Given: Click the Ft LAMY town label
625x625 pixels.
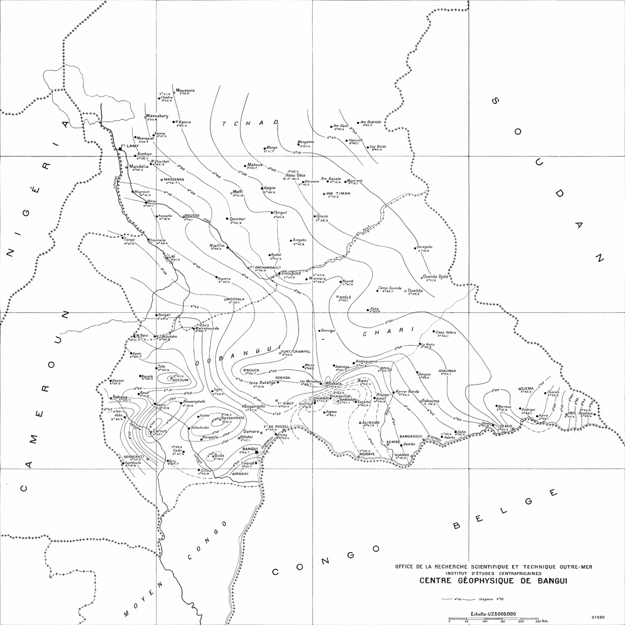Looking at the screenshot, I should [129, 145].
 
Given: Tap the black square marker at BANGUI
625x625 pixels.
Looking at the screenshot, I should [257, 453].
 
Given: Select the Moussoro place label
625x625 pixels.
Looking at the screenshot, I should [185, 90].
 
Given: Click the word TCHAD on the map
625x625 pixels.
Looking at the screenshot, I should [249, 123].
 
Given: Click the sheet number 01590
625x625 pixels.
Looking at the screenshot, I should [599, 617].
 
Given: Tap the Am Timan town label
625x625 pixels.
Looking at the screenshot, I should [338, 193].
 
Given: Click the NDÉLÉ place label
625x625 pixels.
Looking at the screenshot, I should [345, 298].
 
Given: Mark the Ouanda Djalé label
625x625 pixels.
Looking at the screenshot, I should [436, 276].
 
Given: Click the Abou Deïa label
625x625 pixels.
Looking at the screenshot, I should [295, 175].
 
